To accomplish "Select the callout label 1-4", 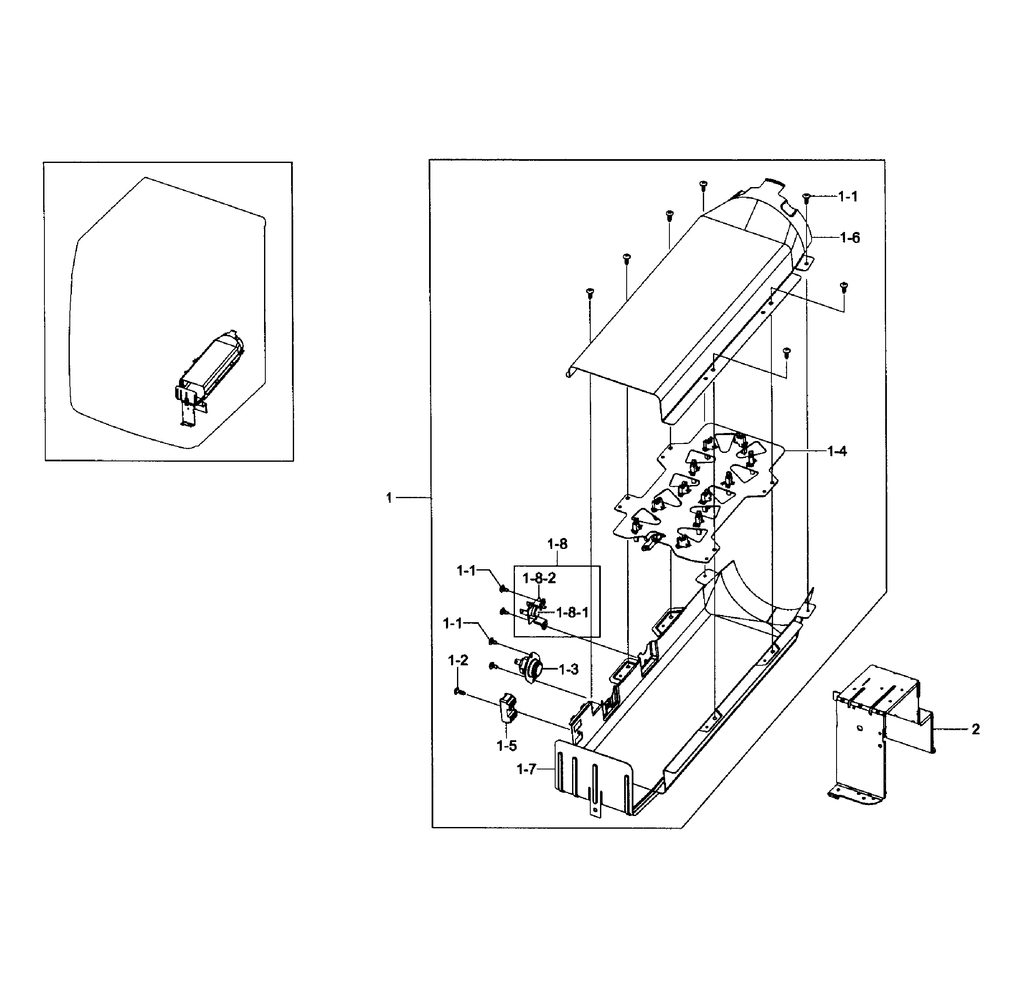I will click(x=837, y=451).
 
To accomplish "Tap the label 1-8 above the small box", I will click(x=557, y=544).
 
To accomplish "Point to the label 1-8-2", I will click(x=539, y=578).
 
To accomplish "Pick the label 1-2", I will click(x=458, y=660).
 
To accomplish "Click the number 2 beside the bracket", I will click(x=976, y=729).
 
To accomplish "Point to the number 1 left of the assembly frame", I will click(x=389, y=498).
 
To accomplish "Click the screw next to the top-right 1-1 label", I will click(x=806, y=196).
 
